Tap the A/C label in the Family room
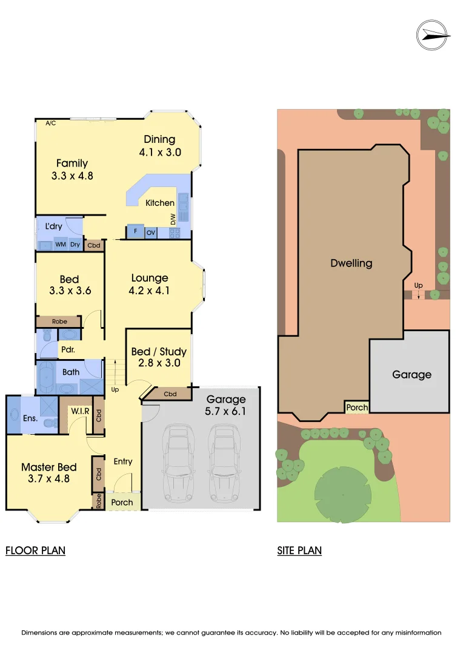(50, 123)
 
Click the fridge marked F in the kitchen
(135, 232)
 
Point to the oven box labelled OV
(151, 232)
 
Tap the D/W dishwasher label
(173, 218)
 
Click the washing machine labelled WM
(61, 245)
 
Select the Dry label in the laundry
(75, 245)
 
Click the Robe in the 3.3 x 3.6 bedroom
(59, 322)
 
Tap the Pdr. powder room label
(67, 350)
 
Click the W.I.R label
(80, 412)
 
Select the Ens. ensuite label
(30, 418)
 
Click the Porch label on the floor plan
(122, 502)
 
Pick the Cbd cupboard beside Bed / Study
(170, 394)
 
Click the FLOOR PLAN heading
(35, 550)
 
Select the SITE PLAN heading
(299, 550)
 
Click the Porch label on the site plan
(357, 408)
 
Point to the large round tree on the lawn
(343, 494)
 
